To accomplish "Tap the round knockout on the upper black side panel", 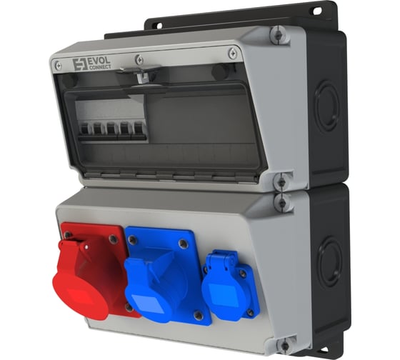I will pos(328,107).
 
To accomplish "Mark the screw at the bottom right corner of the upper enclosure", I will pos(282,181).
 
